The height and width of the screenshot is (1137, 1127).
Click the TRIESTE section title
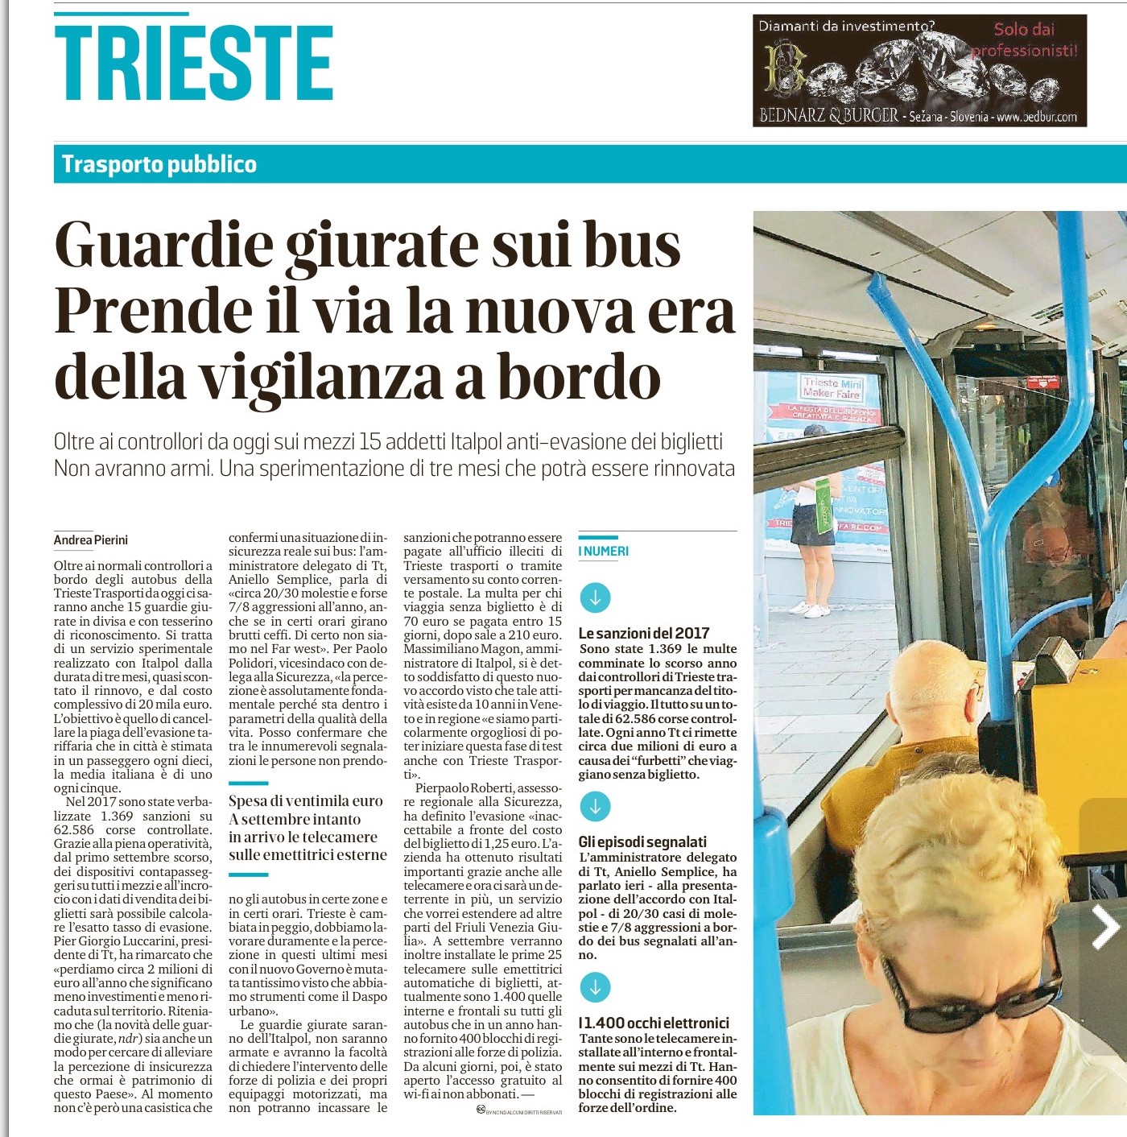pos(193,62)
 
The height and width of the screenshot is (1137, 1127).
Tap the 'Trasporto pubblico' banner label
pos(159,164)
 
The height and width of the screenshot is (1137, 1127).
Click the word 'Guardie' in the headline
pos(164,245)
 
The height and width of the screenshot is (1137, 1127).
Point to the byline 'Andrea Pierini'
pos(91,540)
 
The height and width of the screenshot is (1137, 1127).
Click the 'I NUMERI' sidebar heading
pos(604,552)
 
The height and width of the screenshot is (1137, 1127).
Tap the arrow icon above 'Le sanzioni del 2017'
pos(596,597)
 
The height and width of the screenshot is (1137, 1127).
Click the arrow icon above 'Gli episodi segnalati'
pos(596,806)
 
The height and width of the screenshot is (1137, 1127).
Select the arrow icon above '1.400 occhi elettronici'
pos(596,987)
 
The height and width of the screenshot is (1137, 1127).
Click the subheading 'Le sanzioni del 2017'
pos(644,633)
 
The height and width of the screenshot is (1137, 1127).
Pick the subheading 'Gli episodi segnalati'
pos(642,841)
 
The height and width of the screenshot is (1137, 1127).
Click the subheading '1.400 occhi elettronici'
pos(654,1023)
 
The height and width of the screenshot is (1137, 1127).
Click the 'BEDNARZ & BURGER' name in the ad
pos(829,115)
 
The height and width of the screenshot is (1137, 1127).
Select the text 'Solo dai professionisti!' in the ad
pos(1024,40)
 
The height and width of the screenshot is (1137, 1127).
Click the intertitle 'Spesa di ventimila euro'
pos(306,801)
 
